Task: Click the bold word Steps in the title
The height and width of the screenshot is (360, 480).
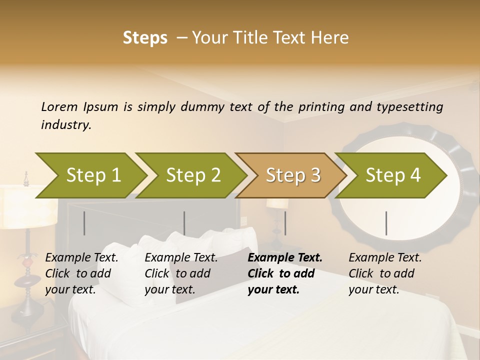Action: click(145, 38)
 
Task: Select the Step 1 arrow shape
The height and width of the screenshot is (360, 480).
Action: click(90, 175)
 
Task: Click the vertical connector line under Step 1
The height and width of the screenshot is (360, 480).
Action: click(84, 223)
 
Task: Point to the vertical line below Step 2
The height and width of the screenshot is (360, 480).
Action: click(184, 223)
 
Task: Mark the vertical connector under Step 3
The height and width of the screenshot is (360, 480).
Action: click(285, 223)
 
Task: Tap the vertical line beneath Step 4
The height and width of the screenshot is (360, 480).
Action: click(386, 223)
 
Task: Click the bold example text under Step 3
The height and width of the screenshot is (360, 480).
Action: click(285, 273)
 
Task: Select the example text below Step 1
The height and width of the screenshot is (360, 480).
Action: click(82, 273)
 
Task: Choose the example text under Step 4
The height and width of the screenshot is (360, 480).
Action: click(385, 273)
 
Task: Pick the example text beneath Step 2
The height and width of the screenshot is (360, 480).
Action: click(181, 273)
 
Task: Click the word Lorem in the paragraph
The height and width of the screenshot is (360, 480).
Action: click(59, 106)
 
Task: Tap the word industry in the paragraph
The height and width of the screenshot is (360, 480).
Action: click(65, 125)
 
